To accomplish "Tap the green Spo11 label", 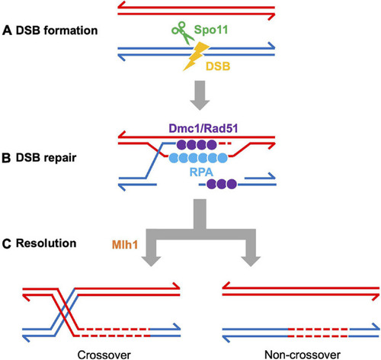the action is pyautogui.click(x=211, y=30).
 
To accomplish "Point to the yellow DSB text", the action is pyautogui.click(x=218, y=66).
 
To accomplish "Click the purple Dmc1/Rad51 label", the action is pyautogui.click(x=203, y=128).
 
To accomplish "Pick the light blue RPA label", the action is pyautogui.click(x=201, y=172).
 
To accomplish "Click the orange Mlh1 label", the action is pyautogui.click(x=125, y=245).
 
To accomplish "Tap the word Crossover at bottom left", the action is pyautogui.click(x=104, y=355).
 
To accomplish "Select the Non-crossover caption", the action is pyautogui.click(x=303, y=355).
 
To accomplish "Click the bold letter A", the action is pyautogui.click(x=7, y=31).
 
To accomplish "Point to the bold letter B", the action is pyautogui.click(x=6, y=158).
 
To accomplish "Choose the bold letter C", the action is pyautogui.click(x=7, y=243).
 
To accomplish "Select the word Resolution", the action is pyautogui.click(x=46, y=243).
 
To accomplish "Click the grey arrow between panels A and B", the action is pyautogui.click(x=200, y=95).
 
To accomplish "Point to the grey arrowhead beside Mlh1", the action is pyautogui.click(x=151, y=261).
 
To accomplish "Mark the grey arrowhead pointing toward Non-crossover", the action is pyautogui.click(x=251, y=261).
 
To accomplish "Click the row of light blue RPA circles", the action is pyautogui.click(x=198, y=158).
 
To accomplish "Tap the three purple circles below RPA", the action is pyautogui.click(x=222, y=184).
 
